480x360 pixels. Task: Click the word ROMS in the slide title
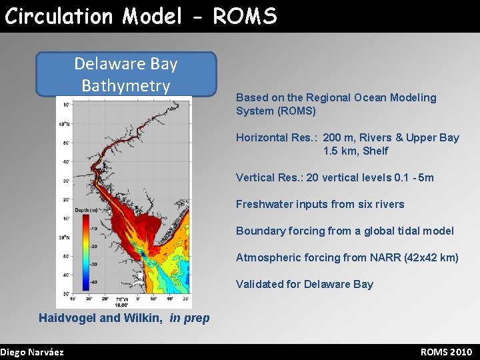tap(245, 16)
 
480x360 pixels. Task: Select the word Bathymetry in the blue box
tap(126, 86)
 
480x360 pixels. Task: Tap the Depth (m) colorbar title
tap(86, 210)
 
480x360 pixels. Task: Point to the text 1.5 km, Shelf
tap(355, 151)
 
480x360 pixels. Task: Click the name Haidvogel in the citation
tap(67, 318)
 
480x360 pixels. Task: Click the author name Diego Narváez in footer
tap(32, 352)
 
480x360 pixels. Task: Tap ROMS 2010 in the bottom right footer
tap(446, 352)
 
